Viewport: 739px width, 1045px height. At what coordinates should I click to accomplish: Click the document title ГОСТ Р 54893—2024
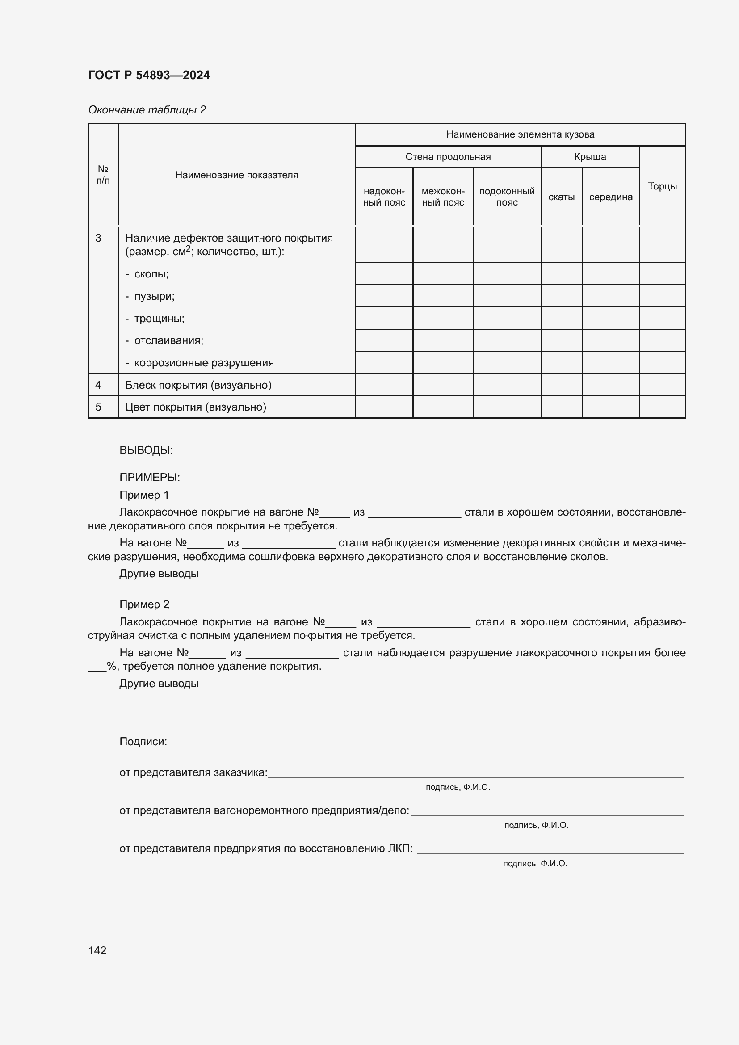point(149,75)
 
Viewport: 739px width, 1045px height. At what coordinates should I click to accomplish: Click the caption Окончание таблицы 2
point(147,110)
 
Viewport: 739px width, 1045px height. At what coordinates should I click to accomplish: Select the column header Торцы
point(662,186)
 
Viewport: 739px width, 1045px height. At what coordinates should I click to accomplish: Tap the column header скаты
point(561,197)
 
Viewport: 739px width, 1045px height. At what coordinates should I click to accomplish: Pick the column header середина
point(611,197)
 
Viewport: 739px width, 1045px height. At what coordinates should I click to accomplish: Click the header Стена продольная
point(448,157)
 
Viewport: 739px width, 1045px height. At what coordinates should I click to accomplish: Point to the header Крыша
point(590,157)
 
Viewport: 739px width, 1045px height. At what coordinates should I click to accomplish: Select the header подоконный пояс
point(507,197)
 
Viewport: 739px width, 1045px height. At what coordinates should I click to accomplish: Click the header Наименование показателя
point(237,175)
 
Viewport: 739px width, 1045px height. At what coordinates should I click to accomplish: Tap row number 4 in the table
point(98,385)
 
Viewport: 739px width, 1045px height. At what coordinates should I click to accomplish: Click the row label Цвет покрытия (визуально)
point(196,407)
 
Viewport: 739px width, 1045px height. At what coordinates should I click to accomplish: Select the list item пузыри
point(154,296)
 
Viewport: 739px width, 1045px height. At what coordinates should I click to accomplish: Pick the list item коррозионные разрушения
point(204,363)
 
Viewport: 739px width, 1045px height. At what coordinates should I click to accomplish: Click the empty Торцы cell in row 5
point(662,407)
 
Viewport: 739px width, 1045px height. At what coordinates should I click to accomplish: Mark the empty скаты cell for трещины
point(561,319)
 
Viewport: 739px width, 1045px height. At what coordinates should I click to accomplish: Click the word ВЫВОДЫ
point(146,450)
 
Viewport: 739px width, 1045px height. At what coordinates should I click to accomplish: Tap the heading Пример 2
point(144,604)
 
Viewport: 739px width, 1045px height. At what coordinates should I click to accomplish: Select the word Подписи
point(143,742)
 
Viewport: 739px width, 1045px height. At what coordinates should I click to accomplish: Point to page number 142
point(97,950)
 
